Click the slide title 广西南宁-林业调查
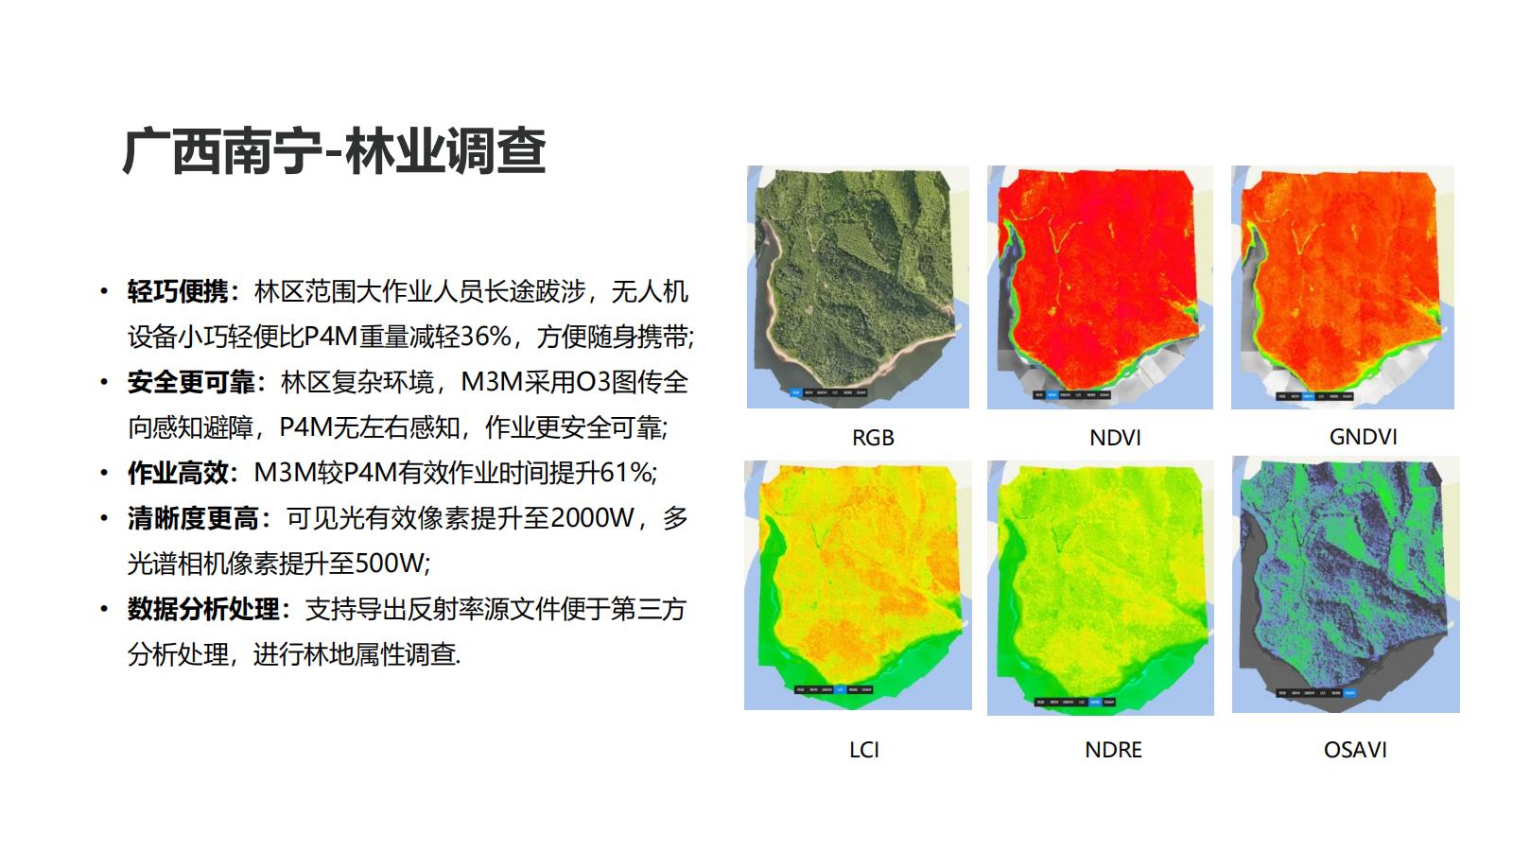(x=334, y=151)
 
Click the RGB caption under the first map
(x=872, y=438)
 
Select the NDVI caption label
(x=1115, y=438)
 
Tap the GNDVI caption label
(x=1363, y=437)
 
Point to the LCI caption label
(x=863, y=750)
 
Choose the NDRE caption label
(x=1113, y=750)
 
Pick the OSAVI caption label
(x=1355, y=750)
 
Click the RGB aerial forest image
(x=858, y=287)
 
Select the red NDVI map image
(x=1100, y=287)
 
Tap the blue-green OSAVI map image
(x=1346, y=584)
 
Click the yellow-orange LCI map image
(x=858, y=584)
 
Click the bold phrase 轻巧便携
(x=178, y=291)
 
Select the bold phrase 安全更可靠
(x=191, y=382)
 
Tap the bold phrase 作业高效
(x=178, y=473)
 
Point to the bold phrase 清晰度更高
(x=192, y=518)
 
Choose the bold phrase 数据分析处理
(x=203, y=609)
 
